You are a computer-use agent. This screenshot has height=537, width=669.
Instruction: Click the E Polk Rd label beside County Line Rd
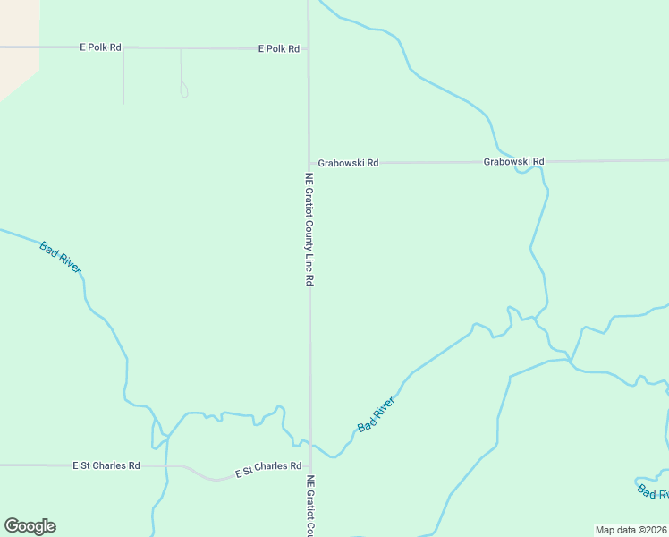[x=278, y=48]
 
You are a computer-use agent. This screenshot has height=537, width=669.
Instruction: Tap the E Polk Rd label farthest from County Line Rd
[x=99, y=47]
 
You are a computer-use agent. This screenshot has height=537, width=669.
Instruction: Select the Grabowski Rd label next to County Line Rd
[x=349, y=163]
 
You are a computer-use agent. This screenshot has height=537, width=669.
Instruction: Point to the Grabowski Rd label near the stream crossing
[x=513, y=162]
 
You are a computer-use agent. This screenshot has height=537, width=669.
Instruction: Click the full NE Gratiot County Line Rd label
[x=309, y=229]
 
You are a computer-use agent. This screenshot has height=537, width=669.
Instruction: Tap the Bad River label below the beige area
[x=61, y=256]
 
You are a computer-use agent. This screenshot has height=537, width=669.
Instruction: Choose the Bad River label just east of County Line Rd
[x=376, y=415]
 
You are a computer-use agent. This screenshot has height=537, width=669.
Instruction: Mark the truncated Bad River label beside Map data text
[x=652, y=491]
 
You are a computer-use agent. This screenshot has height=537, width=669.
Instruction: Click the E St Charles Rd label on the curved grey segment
[x=267, y=467]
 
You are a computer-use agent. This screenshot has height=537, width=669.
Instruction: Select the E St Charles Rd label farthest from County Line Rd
[x=106, y=465]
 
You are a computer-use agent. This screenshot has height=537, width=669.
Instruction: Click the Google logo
[x=30, y=526]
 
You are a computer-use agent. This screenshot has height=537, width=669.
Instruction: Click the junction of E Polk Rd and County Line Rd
[x=309, y=48]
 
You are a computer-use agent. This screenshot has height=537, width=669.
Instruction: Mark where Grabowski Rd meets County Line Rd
[x=309, y=163]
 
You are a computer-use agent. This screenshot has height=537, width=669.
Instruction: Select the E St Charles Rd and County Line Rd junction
[x=310, y=466]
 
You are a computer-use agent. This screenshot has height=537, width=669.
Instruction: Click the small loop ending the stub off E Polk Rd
[x=183, y=89]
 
